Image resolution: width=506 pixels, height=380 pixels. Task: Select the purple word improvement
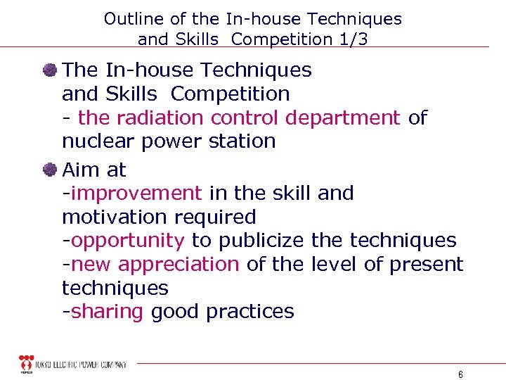click(x=135, y=193)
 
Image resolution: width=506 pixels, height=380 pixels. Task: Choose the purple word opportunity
click(x=128, y=241)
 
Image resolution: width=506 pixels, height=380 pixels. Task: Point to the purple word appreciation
click(x=179, y=265)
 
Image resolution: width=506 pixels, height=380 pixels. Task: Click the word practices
click(x=250, y=312)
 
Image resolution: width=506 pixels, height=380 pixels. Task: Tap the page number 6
click(x=460, y=374)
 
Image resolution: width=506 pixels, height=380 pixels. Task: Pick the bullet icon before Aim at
click(x=49, y=169)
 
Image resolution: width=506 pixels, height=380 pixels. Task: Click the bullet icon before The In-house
click(x=49, y=69)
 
